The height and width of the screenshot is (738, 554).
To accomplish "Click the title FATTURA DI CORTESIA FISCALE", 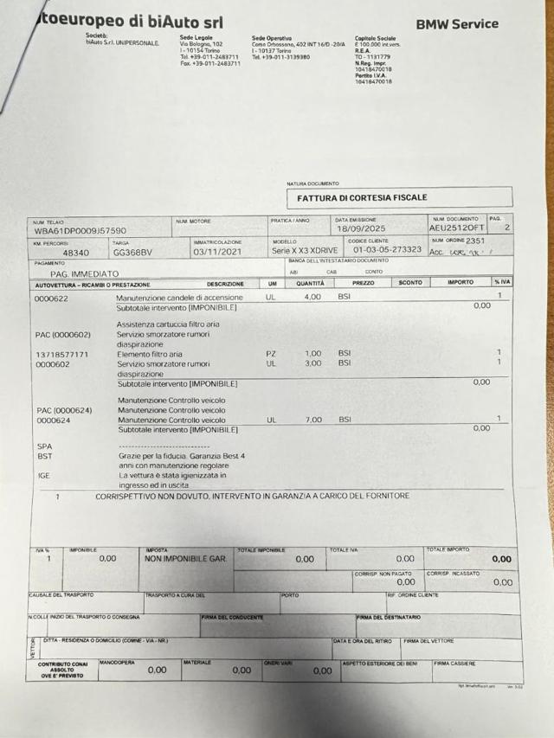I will [x=362, y=197].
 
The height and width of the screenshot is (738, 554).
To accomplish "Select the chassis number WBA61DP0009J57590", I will [x=81, y=231].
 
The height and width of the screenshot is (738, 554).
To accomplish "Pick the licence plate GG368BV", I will [x=132, y=253].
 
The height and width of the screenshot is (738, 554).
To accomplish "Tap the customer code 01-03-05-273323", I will [x=387, y=249].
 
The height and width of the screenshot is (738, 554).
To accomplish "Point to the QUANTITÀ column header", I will [x=310, y=283].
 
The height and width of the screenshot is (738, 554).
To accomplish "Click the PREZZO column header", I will [x=364, y=283].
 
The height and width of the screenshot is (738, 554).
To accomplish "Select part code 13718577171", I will [x=62, y=355].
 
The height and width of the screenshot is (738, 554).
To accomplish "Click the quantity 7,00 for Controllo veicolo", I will [x=312, y=419].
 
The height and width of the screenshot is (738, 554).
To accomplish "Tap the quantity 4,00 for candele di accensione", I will [x=312, y=297].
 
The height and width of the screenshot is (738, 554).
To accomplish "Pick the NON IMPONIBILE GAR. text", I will [x=186, y=559].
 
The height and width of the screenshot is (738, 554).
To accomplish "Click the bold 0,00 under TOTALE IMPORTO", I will [x=501, y=559].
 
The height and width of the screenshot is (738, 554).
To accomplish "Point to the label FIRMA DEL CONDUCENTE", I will [x=233, y=618].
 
